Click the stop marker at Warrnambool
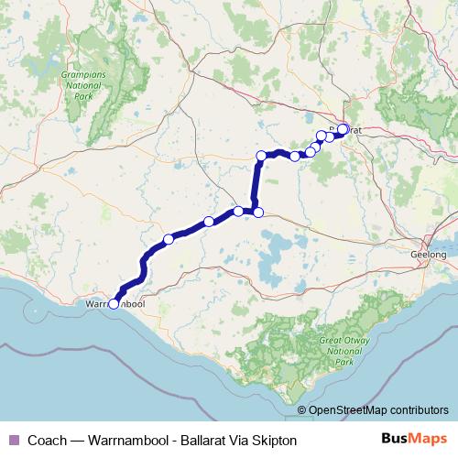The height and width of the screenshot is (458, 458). click(x=114, y=305)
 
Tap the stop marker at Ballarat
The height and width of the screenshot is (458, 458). click(x=343, y=129)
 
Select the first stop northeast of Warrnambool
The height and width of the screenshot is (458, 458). click(x=169, y=239)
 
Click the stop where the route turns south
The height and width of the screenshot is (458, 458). click(x=261, y=156)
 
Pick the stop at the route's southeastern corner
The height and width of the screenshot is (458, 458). click(x=258, y=213)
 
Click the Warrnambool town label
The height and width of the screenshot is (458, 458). click(x=114, y=302)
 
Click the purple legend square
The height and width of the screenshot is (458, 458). click(x=12, y=441)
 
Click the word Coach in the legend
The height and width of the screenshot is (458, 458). click(x=45, y=441)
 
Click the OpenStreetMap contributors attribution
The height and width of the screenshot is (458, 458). click(x=378, y=410)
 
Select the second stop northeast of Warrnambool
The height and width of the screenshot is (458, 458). click(x=209, y=221)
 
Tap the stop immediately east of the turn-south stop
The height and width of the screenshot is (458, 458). click(x=294, y=156)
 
